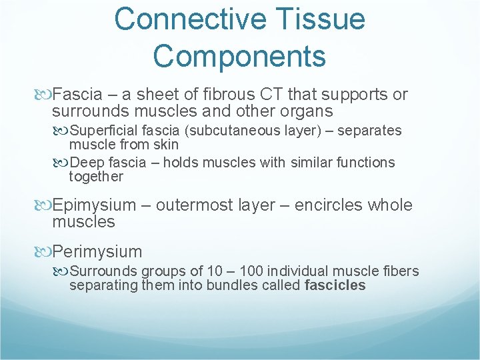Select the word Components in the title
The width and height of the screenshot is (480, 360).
click(x=239, y=56)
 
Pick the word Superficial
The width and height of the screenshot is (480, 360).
click(x=103, y=131)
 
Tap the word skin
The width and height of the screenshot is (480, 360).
click(x=165, y=144)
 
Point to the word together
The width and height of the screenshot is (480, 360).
click(x=96, y=177)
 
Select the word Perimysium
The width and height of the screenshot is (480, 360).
click(x=97, y=252)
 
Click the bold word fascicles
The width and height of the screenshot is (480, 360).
click(x=335, y=285)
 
